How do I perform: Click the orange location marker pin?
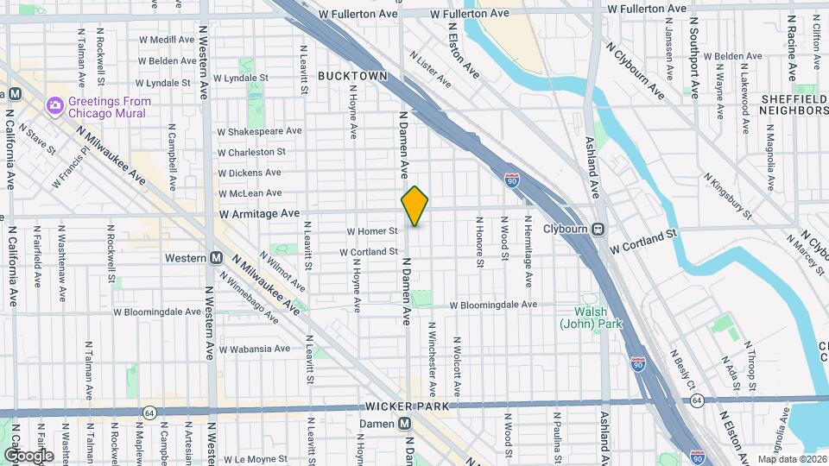415,205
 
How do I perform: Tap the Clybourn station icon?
598,230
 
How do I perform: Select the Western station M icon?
218,258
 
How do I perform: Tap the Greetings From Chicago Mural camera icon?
56,106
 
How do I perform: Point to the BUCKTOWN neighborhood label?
352,76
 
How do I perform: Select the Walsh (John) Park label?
592,318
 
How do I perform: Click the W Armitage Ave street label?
259,212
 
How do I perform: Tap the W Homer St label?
372,231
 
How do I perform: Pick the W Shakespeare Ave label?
259,132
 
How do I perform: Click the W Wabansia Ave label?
255,349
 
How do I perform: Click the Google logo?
28,456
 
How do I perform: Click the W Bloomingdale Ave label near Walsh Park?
496,305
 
